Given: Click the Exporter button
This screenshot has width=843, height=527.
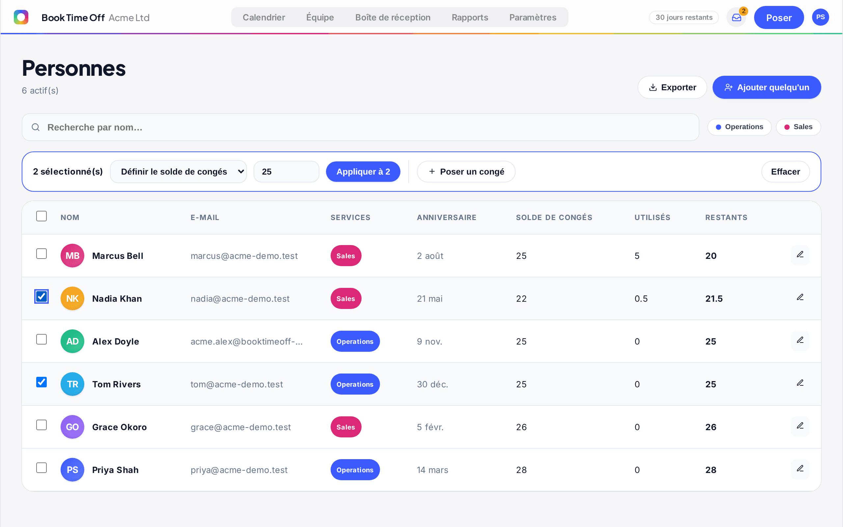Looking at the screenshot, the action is coord(672,87).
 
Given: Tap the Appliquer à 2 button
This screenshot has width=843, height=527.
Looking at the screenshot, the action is coord(363,172).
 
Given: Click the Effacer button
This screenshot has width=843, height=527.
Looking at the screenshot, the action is coord(785,172).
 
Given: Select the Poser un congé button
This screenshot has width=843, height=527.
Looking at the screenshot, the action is coord(466,172).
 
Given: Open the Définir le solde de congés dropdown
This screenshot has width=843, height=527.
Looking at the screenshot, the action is coord(178,172).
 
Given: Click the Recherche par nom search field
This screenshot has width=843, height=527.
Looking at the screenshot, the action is coord(360,127).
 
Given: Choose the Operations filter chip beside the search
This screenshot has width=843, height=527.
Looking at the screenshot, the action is coord(739,127).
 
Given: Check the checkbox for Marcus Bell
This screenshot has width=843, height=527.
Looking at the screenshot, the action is coord(41,254).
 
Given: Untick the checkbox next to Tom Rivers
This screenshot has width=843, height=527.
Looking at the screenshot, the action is coord(41,382).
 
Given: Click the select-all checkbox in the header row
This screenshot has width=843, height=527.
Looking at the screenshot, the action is coord(41,216).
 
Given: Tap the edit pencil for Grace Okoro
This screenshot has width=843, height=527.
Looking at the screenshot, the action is coord(800,426).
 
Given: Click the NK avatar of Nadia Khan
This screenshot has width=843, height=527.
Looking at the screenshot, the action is coord(72,298).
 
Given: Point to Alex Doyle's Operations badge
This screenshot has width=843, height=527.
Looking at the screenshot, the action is coord(355,341).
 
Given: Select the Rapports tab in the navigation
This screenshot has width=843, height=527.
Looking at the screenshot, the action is coord(470,17).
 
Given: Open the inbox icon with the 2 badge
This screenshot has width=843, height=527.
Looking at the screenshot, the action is coord(736,17).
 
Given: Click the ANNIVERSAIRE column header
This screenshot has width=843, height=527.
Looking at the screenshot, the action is coord(447,217).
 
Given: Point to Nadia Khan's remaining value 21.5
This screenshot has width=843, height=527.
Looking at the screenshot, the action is coord(714,299).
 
